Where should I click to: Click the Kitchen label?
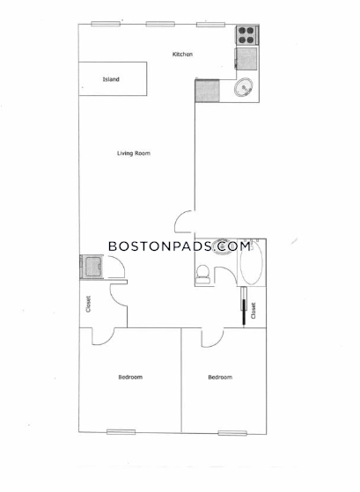tap(182, 55)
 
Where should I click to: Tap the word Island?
tap(111, 79)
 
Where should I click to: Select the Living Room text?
tap(134, 153)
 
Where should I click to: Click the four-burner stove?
tap(246, 35)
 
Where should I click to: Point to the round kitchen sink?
tap(244, 87)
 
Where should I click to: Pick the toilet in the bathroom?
tap(202, 275)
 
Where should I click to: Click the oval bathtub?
tap(252, 263)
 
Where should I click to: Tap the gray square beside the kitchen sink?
tap(207, 91)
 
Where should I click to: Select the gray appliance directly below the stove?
tap(246, 59)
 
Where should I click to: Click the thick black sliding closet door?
tap(244, 312)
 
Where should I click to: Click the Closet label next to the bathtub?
tap(253, 311)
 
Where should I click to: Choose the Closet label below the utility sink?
tap(88, 304)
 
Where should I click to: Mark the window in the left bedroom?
tap(121, 432)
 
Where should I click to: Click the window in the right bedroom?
tap(232, 433)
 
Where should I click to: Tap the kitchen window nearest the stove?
tap(210, 25)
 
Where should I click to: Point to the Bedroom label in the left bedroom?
tap(130, 378)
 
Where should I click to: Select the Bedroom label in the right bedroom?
tap(220, 378)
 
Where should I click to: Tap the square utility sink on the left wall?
tap(92, 267)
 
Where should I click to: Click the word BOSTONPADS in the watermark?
tap(160, 246)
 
